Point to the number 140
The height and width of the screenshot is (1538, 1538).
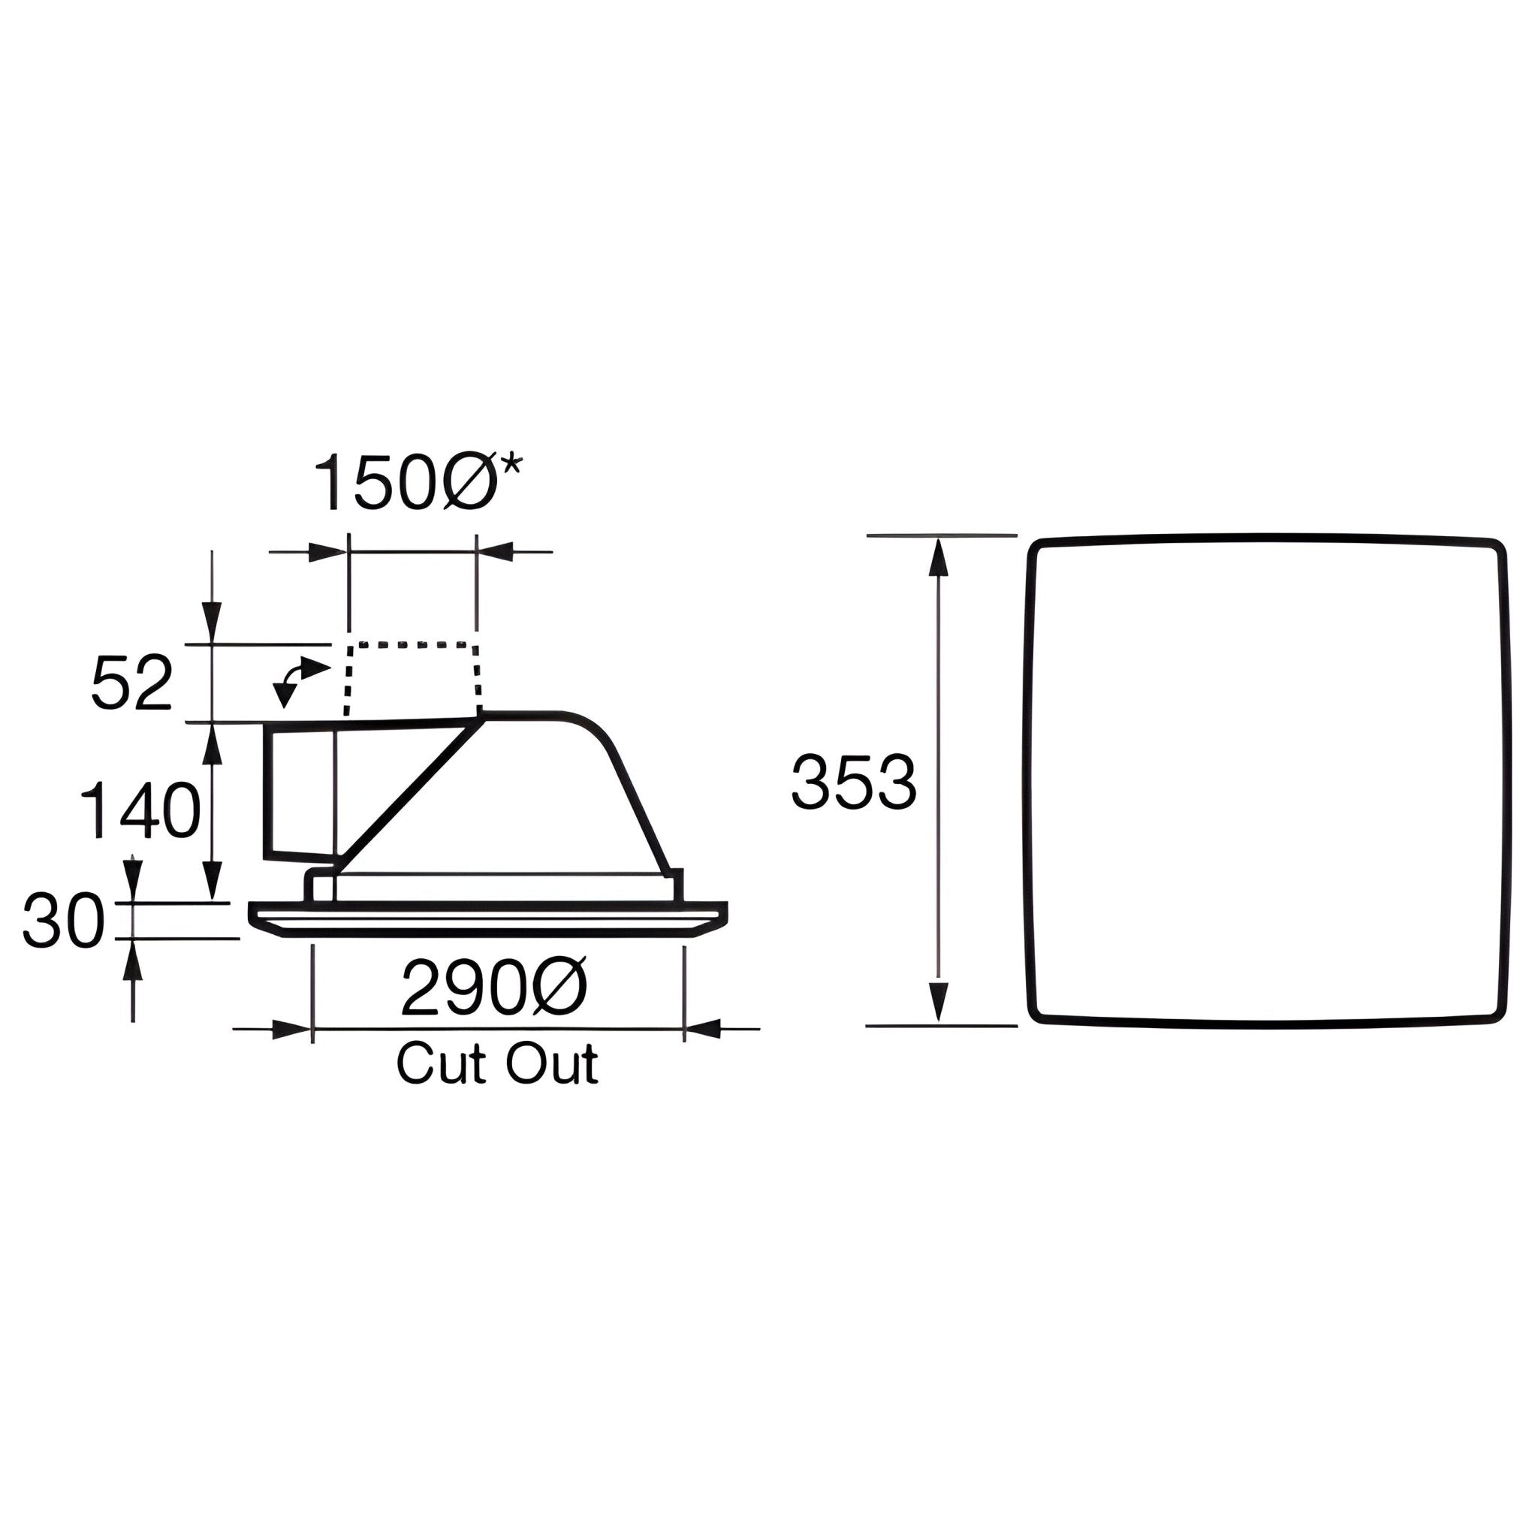click(x=141, y=810)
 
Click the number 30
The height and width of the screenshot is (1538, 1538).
click(x=63, y=921)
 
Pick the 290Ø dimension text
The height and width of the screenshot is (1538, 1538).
click(x=493, y=989)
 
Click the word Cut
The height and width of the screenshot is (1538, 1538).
click(x=440, y=1064)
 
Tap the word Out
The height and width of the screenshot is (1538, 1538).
click(x=553, y=1064)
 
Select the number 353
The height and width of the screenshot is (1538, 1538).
click(x=853, y=783)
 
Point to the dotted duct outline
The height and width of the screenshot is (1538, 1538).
click(x=413, y=645)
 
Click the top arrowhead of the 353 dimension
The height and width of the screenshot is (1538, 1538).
click(x=939, y=558)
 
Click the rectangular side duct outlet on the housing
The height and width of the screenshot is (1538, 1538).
click(x=300, y=791)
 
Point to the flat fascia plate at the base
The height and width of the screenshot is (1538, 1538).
click(x=488, y=918)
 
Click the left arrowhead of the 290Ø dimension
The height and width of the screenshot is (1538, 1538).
click(x=292, y=1030)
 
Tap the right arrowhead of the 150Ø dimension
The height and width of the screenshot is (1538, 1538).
click(x=495, y=552)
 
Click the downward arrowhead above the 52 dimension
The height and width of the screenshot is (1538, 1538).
click(x=212, y=622)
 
